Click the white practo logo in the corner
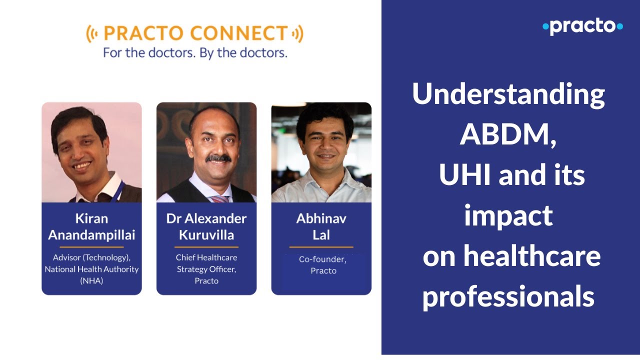[x=582, y=26]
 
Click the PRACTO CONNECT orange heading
[x=195, y=34]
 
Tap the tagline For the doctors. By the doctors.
[x=195, y=52]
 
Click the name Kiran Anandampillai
[x=91, y=226]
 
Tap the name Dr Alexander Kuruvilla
[x=206, y=226]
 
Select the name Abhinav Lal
[x=321, y=226]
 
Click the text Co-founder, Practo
[x=323, y=265]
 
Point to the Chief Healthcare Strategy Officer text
[x=206, y=269]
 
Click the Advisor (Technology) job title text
[x=91, y=257]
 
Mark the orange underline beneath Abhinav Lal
[x=321, y=247]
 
